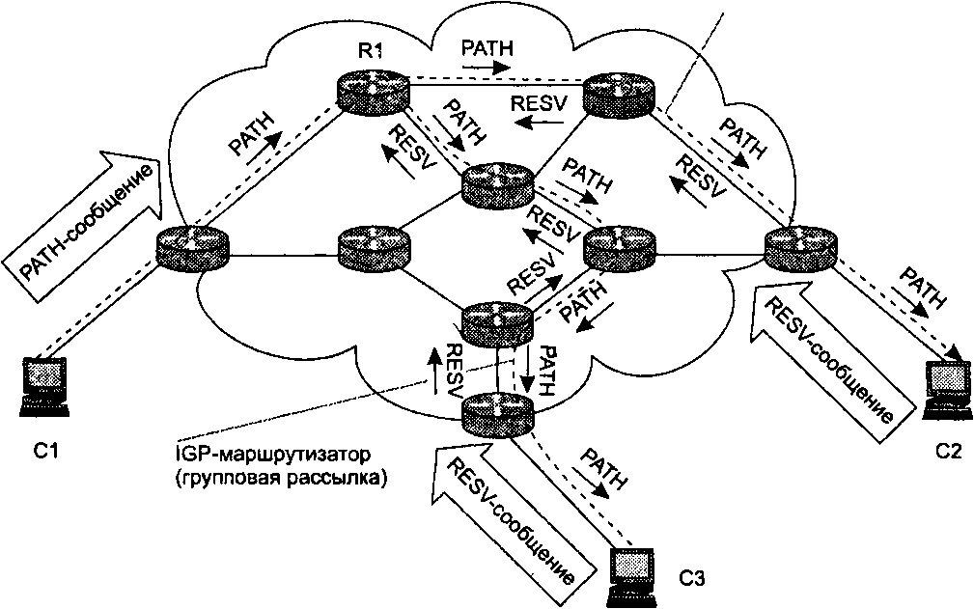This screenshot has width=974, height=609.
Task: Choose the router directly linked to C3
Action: (496, 414)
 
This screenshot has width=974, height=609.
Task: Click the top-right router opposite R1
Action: (620, 91)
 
